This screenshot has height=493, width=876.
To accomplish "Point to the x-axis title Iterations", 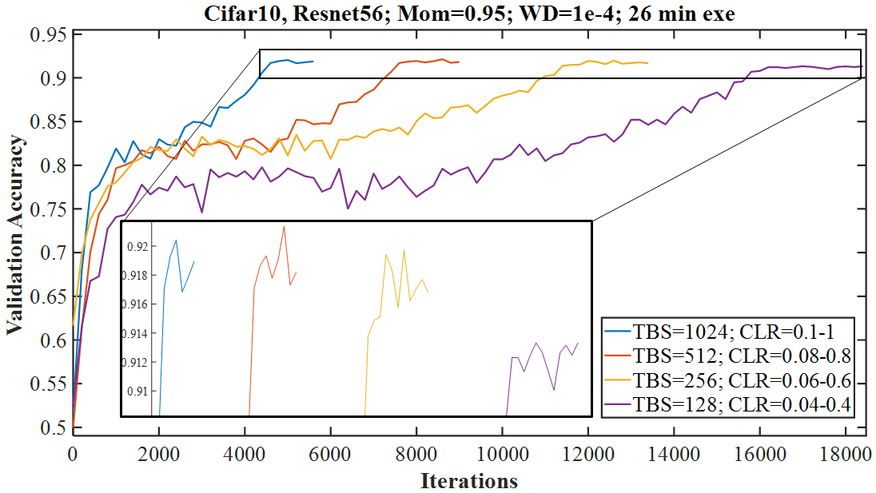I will click(468, 481).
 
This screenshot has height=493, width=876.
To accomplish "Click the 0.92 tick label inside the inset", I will click(137, 247).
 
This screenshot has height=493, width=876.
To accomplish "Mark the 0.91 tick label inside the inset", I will click(137, 392).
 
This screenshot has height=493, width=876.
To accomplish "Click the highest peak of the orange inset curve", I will click(284, 226).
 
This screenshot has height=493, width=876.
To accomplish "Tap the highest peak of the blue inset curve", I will click(176, 240).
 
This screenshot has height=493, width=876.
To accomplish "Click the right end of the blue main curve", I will click(313, 61).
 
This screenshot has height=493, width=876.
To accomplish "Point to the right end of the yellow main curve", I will click(647, 63).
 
